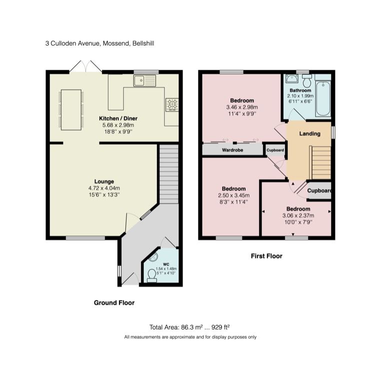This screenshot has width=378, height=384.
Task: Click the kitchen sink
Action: (x=144, y=80)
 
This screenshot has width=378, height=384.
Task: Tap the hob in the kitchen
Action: (x=172, y=104)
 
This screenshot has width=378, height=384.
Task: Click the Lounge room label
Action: (x=104, y=181)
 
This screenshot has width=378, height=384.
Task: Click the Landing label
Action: (x=310, y=134)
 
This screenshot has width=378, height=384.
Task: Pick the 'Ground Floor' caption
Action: (x=114, y=302)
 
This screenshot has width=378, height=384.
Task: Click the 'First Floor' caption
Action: (x=266, y=256)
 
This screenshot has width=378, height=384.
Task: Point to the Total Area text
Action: (x=189, y=327)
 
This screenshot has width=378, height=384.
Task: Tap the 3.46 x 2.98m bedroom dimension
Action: (x=241, y=107)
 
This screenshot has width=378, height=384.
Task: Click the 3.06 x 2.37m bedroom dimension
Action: (x=298, y=216)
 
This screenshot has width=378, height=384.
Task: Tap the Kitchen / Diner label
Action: (x=115, y=118)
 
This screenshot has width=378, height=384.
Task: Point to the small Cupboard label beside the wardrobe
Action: (x=275, y=150)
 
